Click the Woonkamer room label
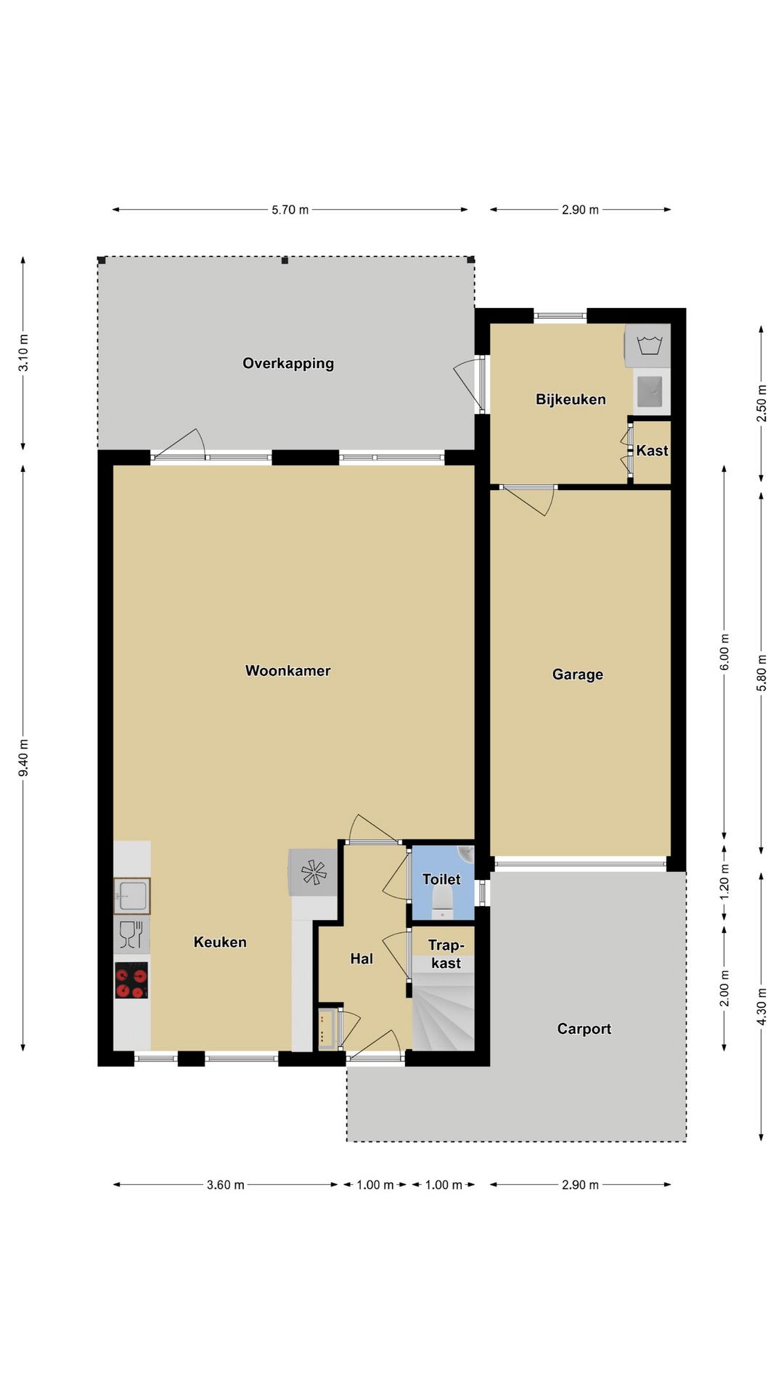(x=287, y=671)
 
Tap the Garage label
(x=578, y=674)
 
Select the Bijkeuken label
(x=571, y=399)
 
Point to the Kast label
(x=652, y=450)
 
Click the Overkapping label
(x=288, y=364)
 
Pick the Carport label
(x=584, y=1029)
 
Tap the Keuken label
(x=220, y=942)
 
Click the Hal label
(x=362, y=959)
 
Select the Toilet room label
(x=441, y=879)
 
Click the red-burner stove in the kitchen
(x=131, y=980)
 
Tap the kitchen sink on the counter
(x=132, y=896)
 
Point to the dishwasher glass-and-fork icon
(x=131, y=934)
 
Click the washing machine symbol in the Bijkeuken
(x=648, y=345)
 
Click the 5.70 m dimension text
(x=290, y=210)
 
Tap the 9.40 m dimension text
(x=24, y=757)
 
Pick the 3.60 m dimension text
(x=225, y=1185)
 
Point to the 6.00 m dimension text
(x=724, y=653)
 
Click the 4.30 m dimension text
(x=761, y=1006)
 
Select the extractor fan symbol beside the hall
(x=314, y=872)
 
